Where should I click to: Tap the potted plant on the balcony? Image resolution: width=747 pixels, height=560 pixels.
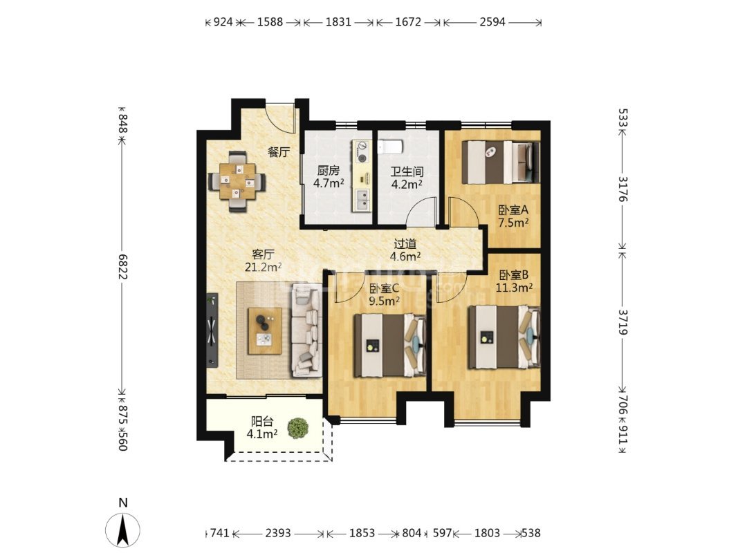coord(298,428)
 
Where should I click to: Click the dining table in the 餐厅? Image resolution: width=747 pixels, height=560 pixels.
coord(237,181)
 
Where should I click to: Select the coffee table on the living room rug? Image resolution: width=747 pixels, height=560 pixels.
coord(264,330)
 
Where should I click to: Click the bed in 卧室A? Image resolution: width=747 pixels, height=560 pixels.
coord(501,162)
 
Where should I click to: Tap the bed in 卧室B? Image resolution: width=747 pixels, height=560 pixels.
coord(504,337)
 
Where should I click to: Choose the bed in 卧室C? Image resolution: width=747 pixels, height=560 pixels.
coord(389,345)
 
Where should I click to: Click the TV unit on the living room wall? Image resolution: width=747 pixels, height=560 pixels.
coord(212,330)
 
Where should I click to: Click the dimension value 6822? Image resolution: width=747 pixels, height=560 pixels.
coord(123,266)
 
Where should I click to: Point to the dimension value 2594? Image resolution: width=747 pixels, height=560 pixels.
coord(492,22)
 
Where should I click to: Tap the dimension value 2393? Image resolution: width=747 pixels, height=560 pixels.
coord(278,533)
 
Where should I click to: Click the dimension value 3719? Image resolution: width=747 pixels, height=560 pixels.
coord(622,322)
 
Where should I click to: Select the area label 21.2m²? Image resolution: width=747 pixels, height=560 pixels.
coord(263,267)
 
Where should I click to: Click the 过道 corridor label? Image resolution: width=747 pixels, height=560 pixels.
coord(405,244)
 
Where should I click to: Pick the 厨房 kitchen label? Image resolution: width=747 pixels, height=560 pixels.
coord(329,171)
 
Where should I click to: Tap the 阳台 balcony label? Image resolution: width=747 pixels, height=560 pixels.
coord(262,422)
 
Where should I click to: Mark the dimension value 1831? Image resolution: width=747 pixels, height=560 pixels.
coord(338,22)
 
